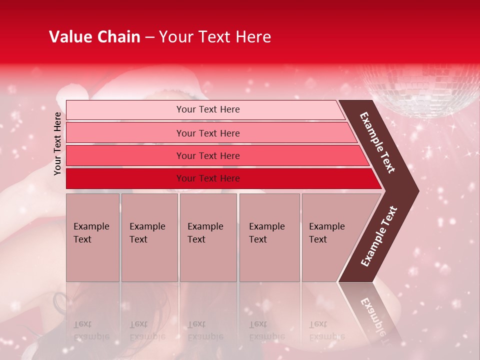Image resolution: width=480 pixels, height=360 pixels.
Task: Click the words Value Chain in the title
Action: (94, 37)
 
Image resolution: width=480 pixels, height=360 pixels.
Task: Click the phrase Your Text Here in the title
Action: (215, 37)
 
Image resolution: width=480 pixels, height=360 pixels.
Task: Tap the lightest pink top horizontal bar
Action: (205, 109)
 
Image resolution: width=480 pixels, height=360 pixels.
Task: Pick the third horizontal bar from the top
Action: (215, 155)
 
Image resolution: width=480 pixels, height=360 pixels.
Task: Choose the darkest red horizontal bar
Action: (220, 178)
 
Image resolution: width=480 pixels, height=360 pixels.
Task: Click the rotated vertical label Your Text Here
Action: (57, 143)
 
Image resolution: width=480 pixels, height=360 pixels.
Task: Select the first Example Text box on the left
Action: (92, 237)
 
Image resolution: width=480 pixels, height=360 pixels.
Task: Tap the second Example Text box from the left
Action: (149, 237)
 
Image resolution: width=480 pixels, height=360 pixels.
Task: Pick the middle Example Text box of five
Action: (208, 237)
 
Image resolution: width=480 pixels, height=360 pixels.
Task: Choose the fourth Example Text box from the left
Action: (269, 237)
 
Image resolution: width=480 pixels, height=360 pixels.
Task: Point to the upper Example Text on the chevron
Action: (377, 142)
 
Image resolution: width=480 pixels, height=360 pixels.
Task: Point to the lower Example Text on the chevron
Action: (379, 236)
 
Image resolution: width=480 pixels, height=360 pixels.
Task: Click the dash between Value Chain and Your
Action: (149, 37)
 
